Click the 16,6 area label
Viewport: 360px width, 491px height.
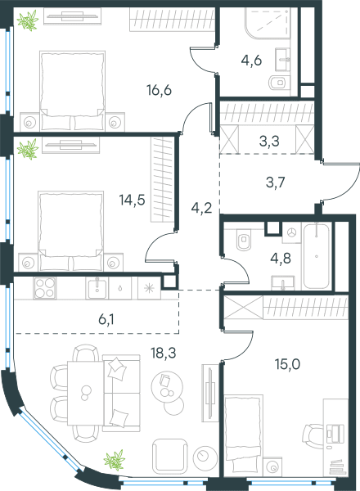click(159, 91)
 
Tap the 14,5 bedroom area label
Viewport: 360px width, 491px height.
click(132, 200)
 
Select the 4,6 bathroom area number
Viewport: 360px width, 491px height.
click(251, 60)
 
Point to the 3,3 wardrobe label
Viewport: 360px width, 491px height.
click(269, 142)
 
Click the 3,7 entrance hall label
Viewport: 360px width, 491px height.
click(276, 182)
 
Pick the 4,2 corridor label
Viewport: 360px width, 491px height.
click(201, 208)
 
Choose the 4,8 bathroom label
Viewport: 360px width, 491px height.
click(281, 259)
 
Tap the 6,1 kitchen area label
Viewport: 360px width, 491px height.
click(106, 320)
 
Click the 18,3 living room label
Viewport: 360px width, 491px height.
click(164, 353)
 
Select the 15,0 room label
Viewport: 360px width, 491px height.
click(287, 364)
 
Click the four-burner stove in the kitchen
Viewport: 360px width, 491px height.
click(45, 288)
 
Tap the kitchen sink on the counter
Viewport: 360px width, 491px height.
click(97, 288)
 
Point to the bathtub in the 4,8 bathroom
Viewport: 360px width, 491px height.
click(317, 256)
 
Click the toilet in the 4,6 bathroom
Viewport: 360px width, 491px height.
click(277, 83)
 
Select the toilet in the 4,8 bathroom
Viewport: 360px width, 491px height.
click(244, 239)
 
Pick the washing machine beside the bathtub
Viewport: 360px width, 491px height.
click(292, 232)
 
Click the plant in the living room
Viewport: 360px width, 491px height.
click(115, 460)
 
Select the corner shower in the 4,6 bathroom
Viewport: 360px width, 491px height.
click(268, 24)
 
